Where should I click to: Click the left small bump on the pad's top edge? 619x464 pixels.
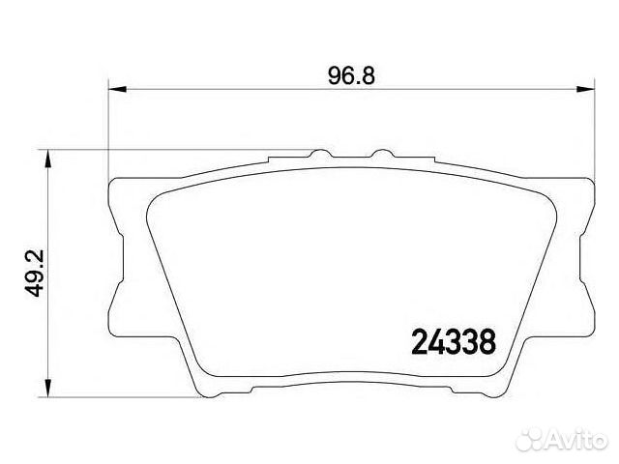click(x=320, y=153)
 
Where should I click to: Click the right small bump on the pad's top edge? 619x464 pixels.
click(x=382, y=153)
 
